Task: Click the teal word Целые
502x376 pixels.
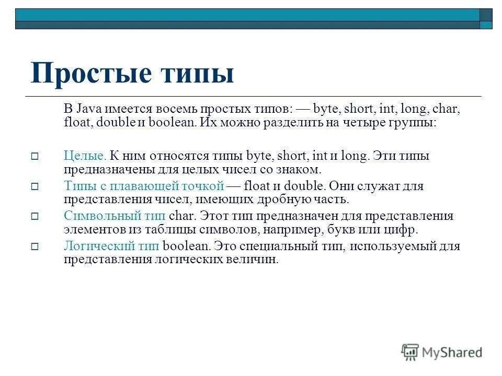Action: (x=85, y=156)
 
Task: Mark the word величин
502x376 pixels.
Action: (x=258, y=260)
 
